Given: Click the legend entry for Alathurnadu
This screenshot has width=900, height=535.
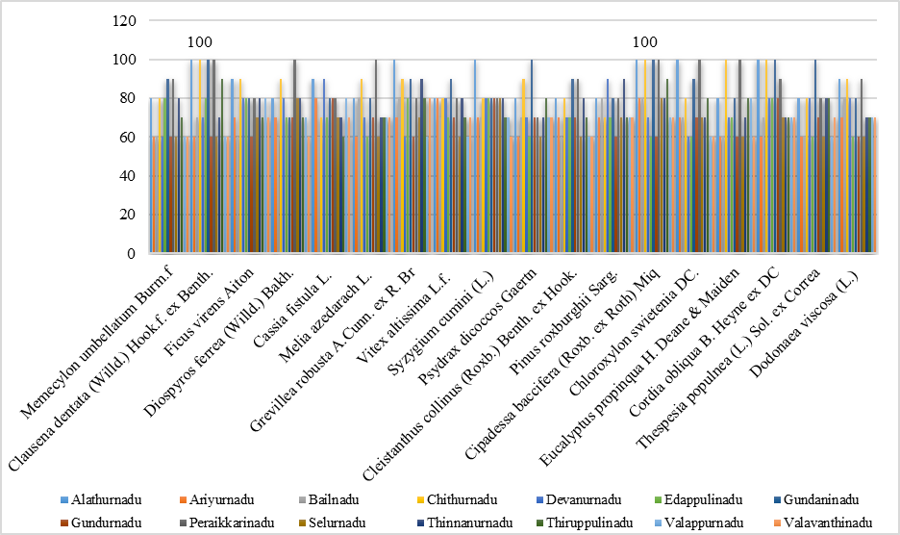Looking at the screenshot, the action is [x=101, y=500].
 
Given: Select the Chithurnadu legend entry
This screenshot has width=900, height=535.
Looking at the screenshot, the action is [x=457, y=500].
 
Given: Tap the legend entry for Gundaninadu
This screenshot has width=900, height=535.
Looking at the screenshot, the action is [x=815, y=500].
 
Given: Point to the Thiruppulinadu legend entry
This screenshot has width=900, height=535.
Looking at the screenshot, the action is [x=586, y=522].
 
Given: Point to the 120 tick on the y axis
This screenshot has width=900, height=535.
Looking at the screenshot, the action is [x=125, y=20].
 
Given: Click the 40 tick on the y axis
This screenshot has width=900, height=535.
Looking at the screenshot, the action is [x=129, y=176].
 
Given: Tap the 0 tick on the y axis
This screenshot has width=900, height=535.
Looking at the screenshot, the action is [x=132, y=253].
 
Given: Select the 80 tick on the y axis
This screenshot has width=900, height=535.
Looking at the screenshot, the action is [x=129, y=98].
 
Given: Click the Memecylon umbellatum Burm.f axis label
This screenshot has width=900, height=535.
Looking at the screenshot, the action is [x=97, y=343].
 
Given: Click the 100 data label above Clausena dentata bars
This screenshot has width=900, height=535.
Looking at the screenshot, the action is [x=200, y=42].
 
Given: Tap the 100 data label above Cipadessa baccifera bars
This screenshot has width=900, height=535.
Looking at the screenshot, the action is [x=645, y=42].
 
